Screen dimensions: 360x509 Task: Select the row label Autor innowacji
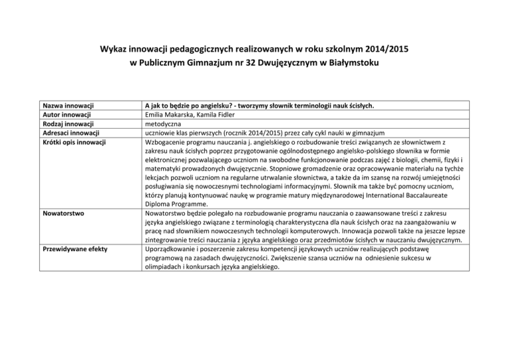pos(67,114)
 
